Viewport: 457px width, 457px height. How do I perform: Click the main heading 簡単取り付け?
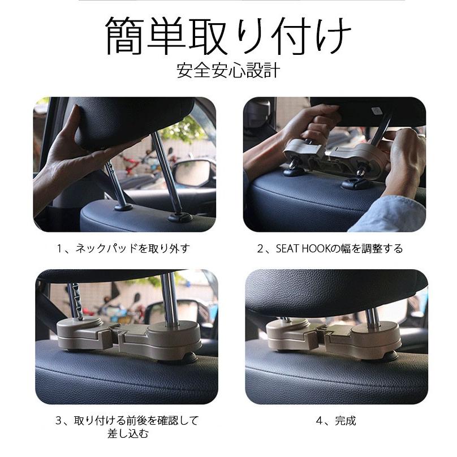pyautogui.click(x=228, y=36)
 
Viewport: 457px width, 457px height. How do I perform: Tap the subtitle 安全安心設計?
pyautogui.click(x=228, y=71)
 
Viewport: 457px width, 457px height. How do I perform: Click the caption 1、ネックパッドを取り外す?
pyautogui.click(x=123, y=249)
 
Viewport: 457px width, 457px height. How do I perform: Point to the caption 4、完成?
pyautogui.click(x=336, y=421)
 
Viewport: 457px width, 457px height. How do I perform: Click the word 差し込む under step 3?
pyautogui.click(x=128, y=434)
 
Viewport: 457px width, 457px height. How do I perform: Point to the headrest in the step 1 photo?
pyautogui.click(x=131, y=119)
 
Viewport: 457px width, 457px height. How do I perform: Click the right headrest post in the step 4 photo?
pyautogui.click(x=372, y=316)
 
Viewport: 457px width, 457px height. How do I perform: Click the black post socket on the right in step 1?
pyautogui.click(x=180, y=217)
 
